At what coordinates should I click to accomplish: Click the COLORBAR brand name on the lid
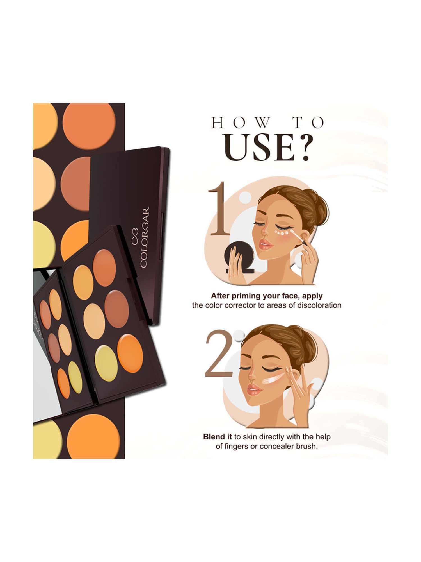tap(145, 237)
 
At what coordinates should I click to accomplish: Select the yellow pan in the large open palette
tap(106, 363)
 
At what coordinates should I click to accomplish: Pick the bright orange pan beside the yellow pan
tap(130, 353)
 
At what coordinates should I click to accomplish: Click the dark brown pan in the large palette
tap(117, 309)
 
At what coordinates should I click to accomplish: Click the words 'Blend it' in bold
tap(218, 437)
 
